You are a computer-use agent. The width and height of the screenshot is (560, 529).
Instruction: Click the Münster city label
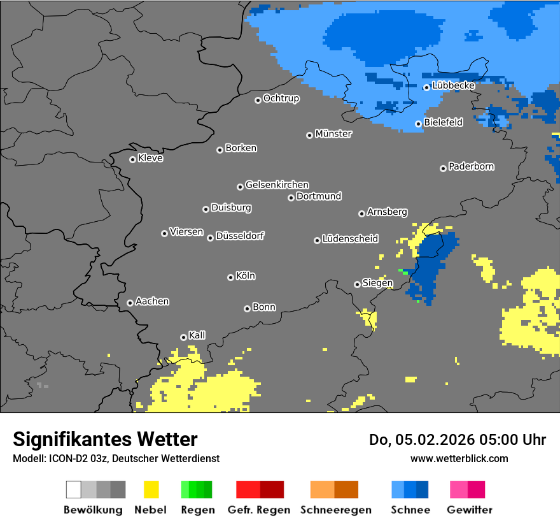point(333,134)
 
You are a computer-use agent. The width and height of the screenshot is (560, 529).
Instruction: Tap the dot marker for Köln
point(230,277)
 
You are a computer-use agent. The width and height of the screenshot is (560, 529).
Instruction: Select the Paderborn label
point(471,166)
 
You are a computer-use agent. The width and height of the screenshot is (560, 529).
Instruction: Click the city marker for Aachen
point(130,303)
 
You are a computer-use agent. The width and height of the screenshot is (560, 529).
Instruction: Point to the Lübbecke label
point(453,85)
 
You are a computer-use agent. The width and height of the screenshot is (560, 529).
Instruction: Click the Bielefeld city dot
point(419,124)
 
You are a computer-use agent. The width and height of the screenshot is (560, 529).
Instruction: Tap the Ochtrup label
point(281,98)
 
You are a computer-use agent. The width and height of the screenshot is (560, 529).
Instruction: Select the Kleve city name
point(150,158)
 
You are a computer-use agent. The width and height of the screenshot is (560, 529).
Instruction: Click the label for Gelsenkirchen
point(277,185)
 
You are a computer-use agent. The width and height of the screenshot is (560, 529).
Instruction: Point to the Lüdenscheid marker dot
point(317,240)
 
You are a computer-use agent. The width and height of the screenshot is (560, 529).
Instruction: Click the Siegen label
point(377,283)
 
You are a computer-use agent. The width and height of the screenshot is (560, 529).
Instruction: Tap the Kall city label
point(197,335)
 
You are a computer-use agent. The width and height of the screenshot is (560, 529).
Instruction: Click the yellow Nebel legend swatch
point(151,489)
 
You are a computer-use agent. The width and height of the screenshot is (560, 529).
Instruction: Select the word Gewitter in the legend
point(469,510)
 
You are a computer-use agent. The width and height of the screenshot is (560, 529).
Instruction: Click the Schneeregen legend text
point(335,510)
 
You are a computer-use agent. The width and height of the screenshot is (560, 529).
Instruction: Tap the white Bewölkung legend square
point(74,489)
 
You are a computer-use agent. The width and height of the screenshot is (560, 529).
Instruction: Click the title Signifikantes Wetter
point(105,439)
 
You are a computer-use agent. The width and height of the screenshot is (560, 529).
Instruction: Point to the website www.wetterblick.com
point(459,458)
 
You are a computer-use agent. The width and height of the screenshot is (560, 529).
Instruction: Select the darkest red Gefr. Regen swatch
point(272,489)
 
